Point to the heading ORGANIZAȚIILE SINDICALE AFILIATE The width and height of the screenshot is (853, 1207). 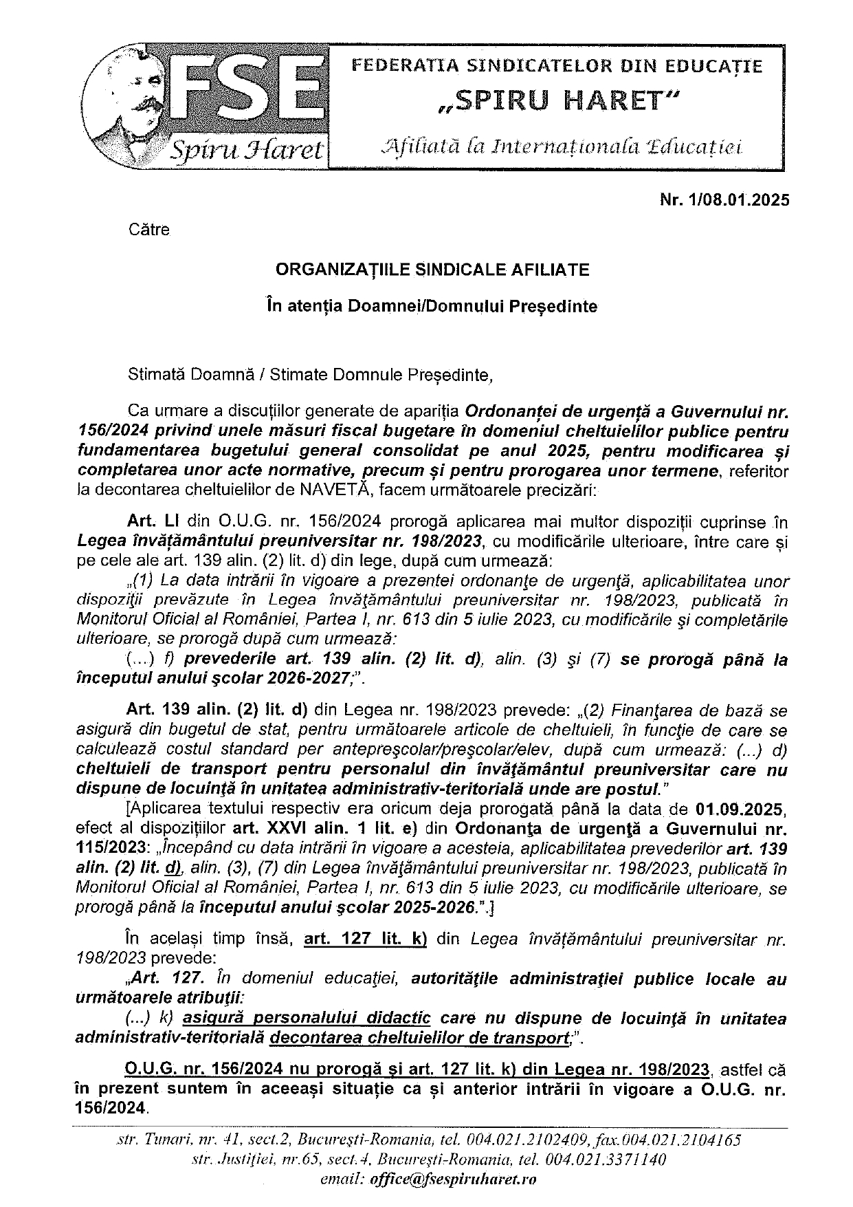pyautogui.click(x=432, y=270)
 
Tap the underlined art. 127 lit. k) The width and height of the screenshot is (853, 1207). pyautogui.click(x=366, y=939)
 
